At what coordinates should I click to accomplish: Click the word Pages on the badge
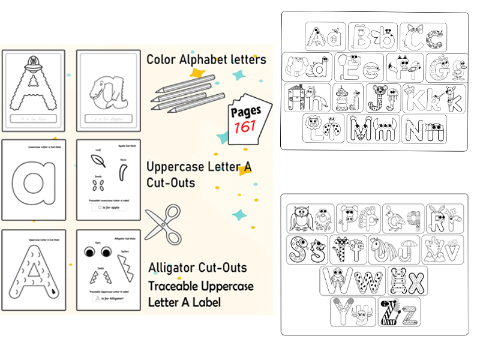[246, 112]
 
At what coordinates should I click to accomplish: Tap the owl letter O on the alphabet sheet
[300, 219]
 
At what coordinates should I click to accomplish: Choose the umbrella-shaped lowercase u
[407, 249]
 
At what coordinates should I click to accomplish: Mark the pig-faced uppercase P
[349, 218]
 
